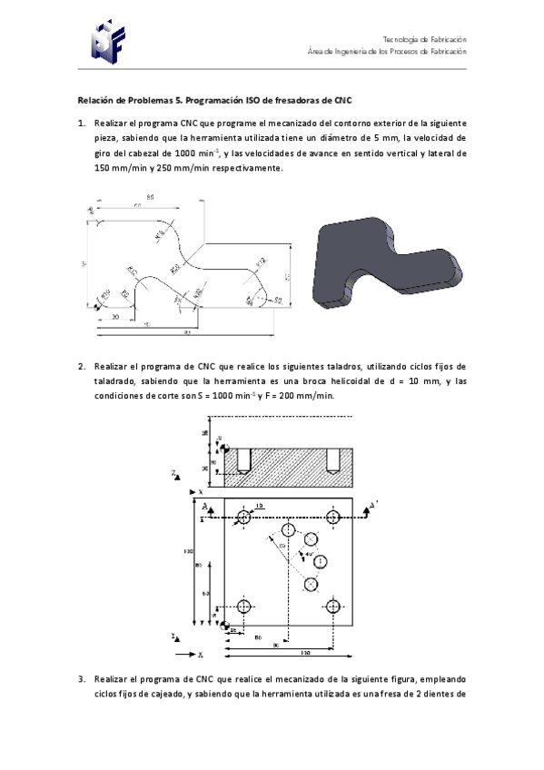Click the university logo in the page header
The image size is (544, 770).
pos(107,38)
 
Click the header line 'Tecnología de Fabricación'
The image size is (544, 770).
pos(424,39)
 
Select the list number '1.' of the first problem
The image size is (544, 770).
pos(81,123)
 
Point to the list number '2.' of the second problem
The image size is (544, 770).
pos(81,366)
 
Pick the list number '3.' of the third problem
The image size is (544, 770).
pos(81,678)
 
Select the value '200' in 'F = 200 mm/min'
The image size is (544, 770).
pos(284,396)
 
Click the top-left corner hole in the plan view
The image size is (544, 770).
pos(243,518)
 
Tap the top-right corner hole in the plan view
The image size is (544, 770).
pos(333,518)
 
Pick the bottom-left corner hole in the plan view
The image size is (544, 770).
pos(243,606)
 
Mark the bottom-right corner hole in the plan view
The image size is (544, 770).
pos(333,606)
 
